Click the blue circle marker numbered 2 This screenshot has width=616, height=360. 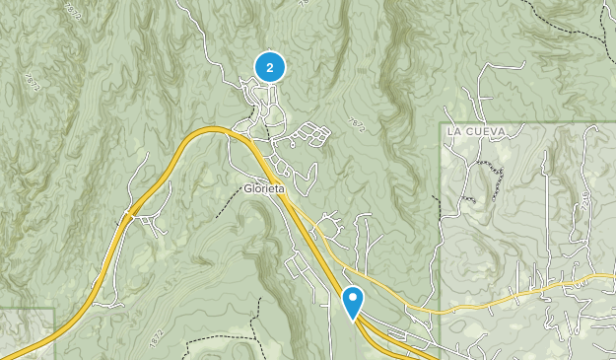[269, 67]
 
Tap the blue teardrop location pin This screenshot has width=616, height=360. [352, 300]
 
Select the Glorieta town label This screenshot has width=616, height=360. [264, 189]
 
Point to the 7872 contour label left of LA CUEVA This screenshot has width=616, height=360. [357, 124]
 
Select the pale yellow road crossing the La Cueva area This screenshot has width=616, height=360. [513, 295]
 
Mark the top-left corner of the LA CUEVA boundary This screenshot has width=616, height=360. [440, 123]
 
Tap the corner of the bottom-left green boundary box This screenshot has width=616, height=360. [53, 309]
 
